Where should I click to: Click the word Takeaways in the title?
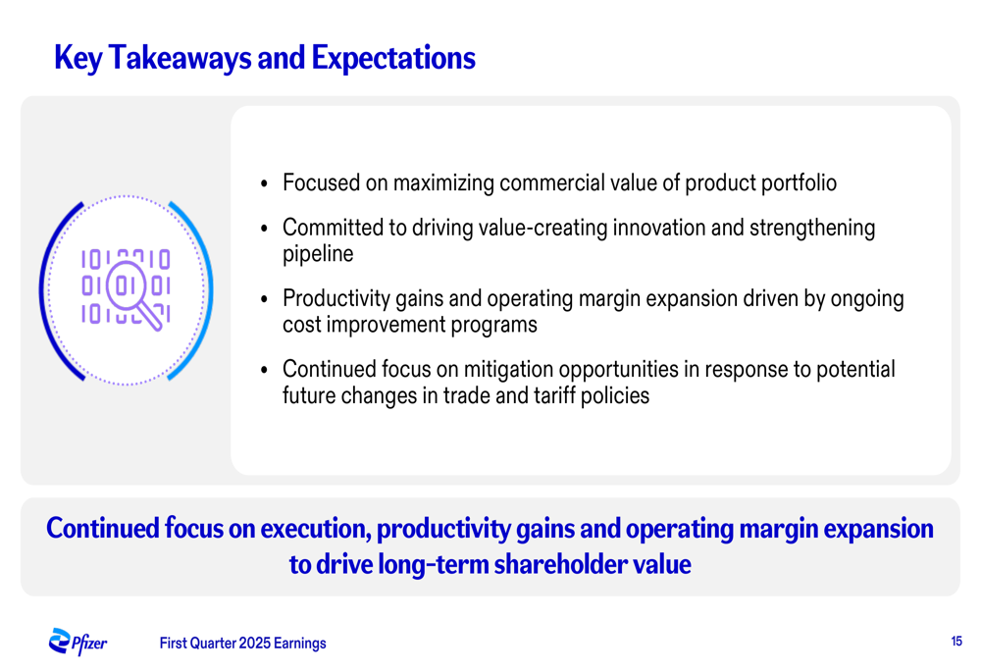(x=180, y=58)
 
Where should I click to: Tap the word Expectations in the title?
(x=393, y=58)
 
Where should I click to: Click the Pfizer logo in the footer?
(x=77, y=642)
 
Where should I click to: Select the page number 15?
(x=955, y=642)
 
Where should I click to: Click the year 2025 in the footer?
(x=255, y=644)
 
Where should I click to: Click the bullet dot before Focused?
(x=264, y=184)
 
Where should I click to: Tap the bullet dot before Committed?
(x=264, y=229)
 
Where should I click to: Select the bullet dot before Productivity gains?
(x=264, y=299)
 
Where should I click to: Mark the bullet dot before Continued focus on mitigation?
(x=264, y=370)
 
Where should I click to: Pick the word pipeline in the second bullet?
(x=318, y=254)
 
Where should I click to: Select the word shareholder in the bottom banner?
(x=560, y=564)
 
